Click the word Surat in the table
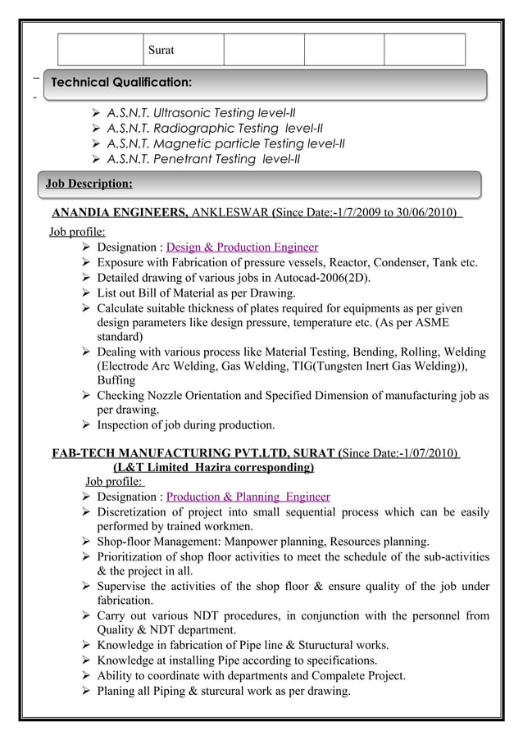(161, 51)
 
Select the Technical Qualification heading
(121, 83)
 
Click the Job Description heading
(89, 183)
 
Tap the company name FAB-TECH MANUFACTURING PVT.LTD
(193, 452)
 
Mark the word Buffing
(116, 381)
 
